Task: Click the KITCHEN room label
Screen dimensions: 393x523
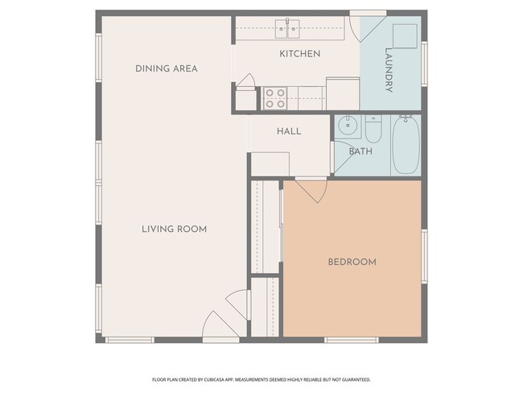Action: coord(299,54)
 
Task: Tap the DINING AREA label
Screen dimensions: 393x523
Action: coord(166,68)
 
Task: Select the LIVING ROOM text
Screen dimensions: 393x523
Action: coord(174,229)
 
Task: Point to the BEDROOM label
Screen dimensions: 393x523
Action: coord(352,262)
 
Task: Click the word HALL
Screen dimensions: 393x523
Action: coord(289,130)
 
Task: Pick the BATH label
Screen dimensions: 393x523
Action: coord(360,151)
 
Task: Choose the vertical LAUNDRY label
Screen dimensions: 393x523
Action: coord(389,70)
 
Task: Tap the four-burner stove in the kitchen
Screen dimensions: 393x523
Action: coord(275,98)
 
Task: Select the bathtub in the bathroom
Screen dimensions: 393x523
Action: coord(405,145)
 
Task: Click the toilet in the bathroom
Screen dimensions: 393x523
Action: coord(373,129)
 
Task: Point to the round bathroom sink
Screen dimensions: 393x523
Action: coord(348,126)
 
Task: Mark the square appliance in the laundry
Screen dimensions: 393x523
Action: coord(404,37)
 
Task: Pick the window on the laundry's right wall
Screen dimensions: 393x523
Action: coord(424,62)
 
